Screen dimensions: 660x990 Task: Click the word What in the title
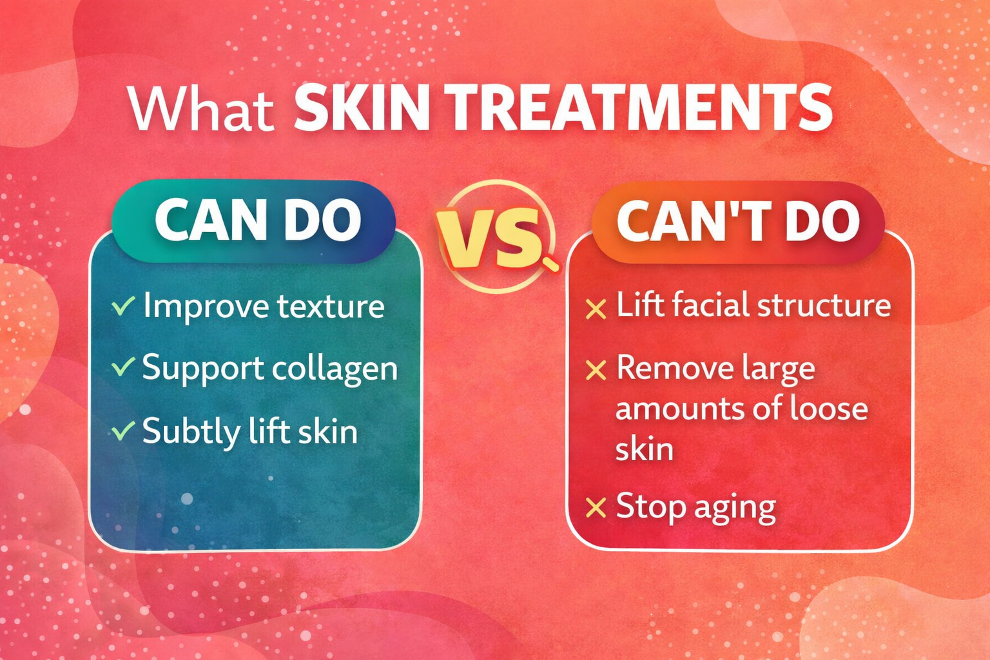click(201, 110)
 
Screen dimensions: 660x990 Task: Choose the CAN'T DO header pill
click(737, 220)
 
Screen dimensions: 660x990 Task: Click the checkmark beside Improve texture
click(122, 306)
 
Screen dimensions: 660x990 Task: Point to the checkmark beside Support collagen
click(122, 367)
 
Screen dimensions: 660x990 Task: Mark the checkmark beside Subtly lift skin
click(122, 431)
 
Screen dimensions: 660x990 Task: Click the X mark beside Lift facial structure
click(596, 309)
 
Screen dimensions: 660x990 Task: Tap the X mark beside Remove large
click(596, 370)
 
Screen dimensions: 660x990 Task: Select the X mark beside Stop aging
click(596, 508)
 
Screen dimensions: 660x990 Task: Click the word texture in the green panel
click(331, 306)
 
